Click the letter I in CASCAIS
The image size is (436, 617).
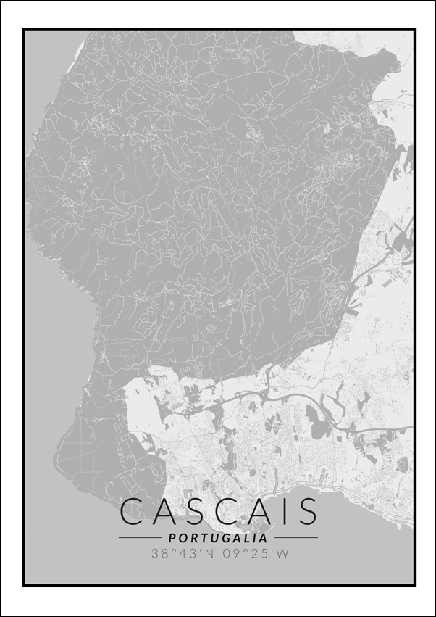(x=284, y=511)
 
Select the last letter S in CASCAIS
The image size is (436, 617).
(x=306, y=511)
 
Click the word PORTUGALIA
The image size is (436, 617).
(x=217, y=538)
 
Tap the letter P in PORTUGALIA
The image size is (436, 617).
(x=171, y=538)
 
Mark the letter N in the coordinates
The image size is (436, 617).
(x=204, y=554)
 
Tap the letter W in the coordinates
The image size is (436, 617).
(x=282, y=554)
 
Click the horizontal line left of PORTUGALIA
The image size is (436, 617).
(x=138, y=538)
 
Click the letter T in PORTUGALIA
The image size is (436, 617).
(x=200, y=538)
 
